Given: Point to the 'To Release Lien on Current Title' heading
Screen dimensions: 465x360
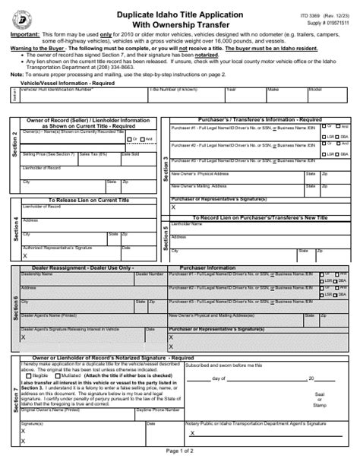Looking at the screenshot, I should tap(86, 201).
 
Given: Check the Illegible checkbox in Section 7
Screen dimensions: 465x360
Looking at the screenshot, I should tap(30, 375).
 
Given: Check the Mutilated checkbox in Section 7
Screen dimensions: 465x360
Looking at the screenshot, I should tap(63, 375).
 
